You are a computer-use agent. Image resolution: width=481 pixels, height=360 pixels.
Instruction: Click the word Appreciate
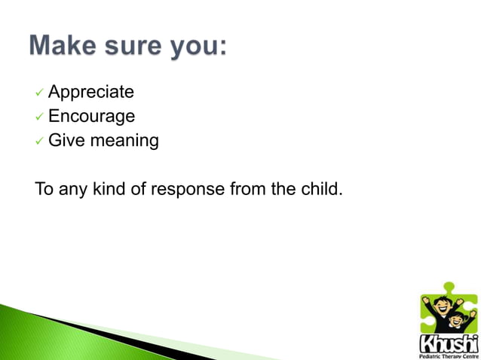click(91, 93)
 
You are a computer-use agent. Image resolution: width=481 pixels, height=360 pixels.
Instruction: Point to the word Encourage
click(91, 117)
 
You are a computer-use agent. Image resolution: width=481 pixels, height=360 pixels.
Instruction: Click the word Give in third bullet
click(64, 141)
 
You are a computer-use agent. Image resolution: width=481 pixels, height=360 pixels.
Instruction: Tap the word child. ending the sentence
click(322, 188)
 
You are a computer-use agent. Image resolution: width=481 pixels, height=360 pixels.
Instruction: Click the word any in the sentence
click(72, 189)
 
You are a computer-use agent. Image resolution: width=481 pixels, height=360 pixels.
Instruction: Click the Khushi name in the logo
click(447, 343)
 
